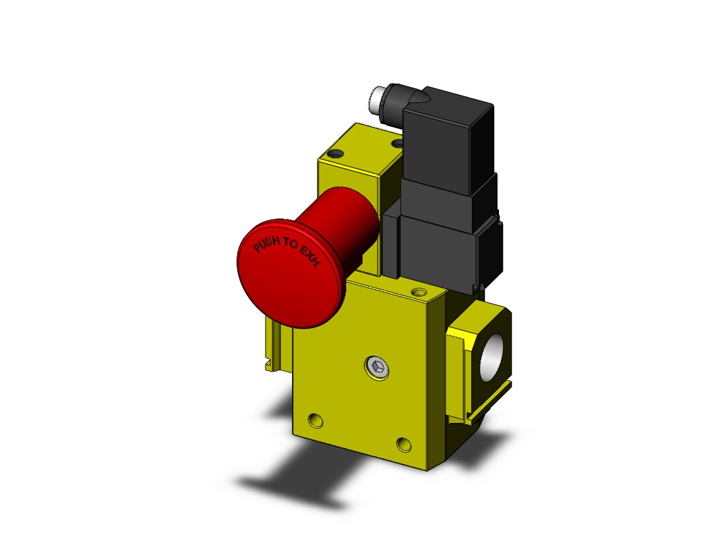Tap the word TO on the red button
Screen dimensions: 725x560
pos(291,244)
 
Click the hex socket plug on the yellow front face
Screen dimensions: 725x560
pos(377,368)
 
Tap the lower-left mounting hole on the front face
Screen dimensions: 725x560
pos(315,420)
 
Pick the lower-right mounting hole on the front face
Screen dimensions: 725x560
pos(403,444)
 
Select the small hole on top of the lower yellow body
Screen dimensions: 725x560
pos(419,292)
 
